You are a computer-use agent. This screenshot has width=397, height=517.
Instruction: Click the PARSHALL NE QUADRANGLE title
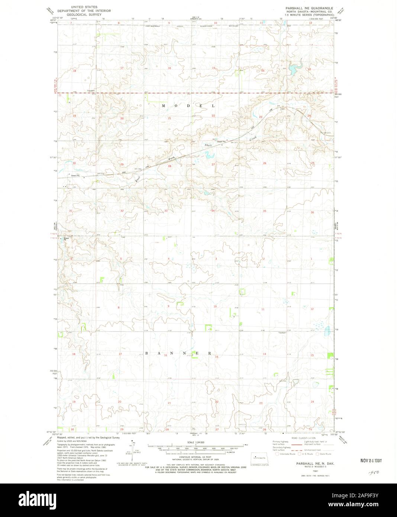point(309,7)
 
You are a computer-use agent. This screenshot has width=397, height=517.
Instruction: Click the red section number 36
point(312,212)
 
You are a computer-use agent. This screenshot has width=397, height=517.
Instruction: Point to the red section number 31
point(71,211)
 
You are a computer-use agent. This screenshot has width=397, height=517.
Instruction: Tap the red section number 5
point(121,258)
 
